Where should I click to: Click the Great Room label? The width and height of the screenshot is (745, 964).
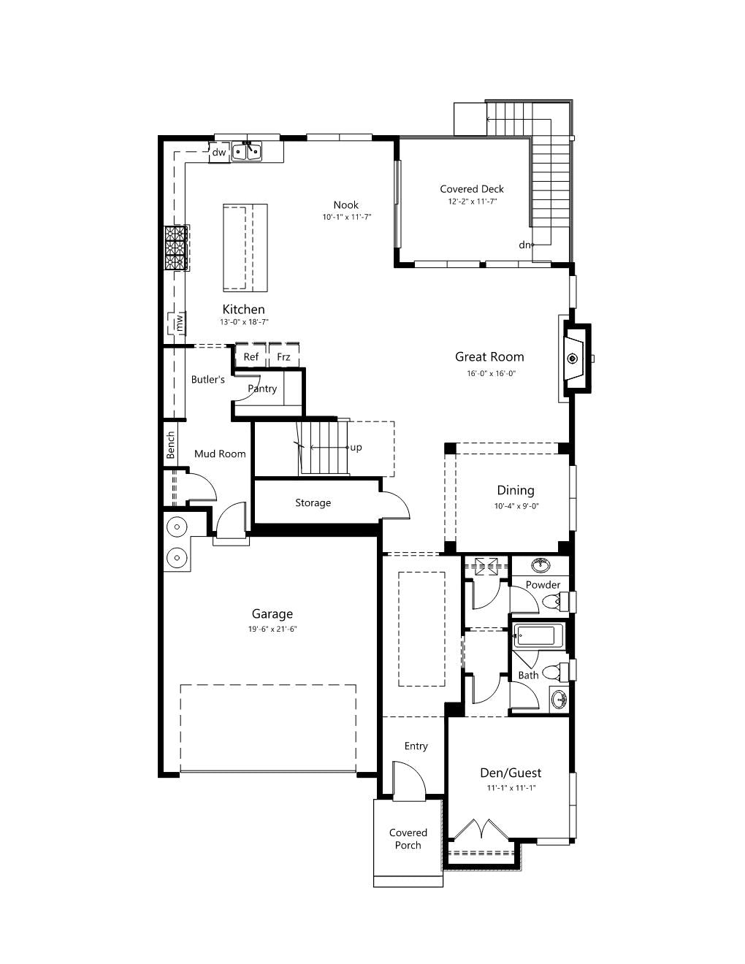tap(489, 356)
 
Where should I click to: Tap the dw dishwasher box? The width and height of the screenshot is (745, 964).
tap(219, 152)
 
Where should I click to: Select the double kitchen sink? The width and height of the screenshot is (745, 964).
tap(247, 152)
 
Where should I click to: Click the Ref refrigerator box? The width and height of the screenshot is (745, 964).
tap(251, 356)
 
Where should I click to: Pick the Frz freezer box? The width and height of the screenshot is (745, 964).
tap(283, 356)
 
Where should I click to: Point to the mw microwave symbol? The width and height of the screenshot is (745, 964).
tap(179, 323)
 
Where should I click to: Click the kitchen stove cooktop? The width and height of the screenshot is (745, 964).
tap(177, 248)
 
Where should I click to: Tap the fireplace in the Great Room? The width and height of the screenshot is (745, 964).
tap(576, 359)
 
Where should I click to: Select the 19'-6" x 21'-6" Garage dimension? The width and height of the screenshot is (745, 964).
tap(272, 629)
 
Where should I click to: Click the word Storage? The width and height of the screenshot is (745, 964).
tap(313, 502)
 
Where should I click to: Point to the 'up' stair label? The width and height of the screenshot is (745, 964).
tap(356, 448)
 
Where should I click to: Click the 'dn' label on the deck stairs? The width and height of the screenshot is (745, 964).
tap(524, 245)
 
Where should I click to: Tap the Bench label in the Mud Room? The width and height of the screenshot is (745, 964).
tap(171, 445)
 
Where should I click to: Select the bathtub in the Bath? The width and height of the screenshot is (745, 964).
tap(538, 636)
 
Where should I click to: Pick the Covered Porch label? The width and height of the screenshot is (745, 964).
tap(408, 838)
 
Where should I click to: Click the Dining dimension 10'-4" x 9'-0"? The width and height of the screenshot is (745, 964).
tap(516, 505)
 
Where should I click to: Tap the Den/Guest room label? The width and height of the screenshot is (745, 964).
tap(511, 773)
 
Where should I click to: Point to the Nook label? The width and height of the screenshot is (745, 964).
tap(346, 204)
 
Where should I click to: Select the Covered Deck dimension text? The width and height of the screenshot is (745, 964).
tap(472, 202)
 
